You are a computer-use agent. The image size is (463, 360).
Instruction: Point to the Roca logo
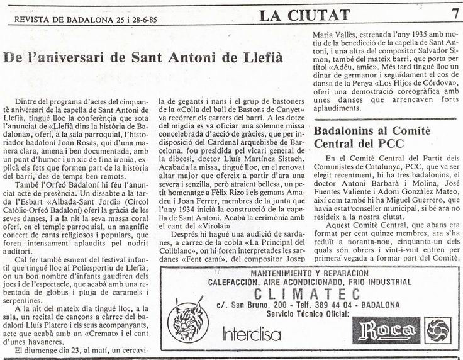click(385, 330)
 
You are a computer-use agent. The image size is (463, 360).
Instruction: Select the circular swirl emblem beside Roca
click(435, 329)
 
